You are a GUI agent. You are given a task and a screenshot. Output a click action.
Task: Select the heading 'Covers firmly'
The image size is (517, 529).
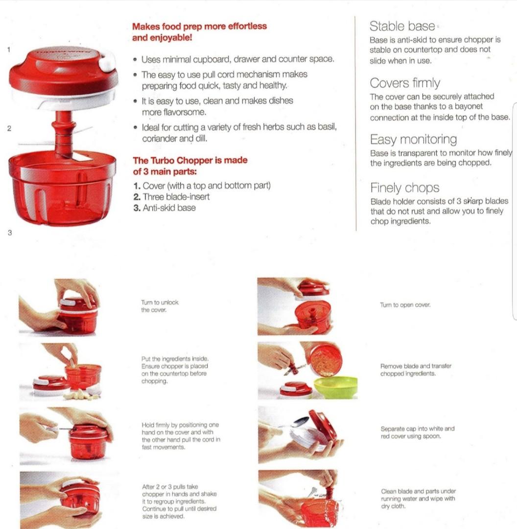coord(405,83)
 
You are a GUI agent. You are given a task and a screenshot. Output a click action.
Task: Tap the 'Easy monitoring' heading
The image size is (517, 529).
coord(413,140)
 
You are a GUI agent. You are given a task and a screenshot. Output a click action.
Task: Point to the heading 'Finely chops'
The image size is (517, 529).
coord(404,188)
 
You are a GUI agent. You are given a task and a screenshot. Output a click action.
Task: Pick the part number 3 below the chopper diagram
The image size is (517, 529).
coord(10,232)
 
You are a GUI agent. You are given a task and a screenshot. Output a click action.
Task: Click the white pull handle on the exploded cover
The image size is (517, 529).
coord(106,62)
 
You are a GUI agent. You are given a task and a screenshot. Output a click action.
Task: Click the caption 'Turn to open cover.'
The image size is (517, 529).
coord(405,305)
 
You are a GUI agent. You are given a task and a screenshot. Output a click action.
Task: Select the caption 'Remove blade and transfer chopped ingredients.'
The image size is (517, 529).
coord(416,370)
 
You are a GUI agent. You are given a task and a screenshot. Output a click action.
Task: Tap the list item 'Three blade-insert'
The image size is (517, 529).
coord(176,196)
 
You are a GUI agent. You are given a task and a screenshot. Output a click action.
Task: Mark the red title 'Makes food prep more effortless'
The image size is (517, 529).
coord(199,26)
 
